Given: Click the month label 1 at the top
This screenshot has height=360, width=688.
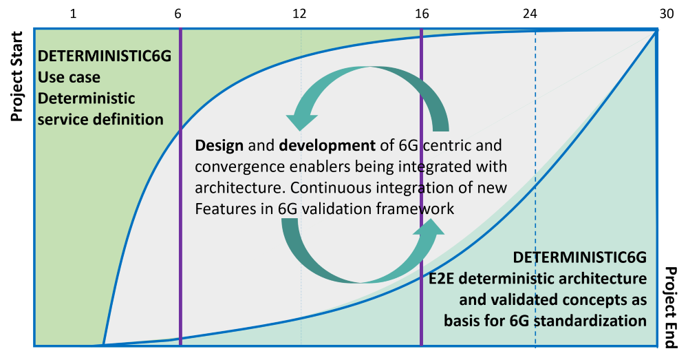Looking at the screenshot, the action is (73, 14).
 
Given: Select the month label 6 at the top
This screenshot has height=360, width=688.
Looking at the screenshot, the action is (178, 14).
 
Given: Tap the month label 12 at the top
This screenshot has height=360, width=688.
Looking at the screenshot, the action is (299, 14).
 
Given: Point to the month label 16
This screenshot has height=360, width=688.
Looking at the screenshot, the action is (422, 14).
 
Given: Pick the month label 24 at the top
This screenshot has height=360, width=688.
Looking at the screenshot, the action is (530, 14).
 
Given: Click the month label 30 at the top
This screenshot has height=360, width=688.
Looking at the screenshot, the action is (666, 14).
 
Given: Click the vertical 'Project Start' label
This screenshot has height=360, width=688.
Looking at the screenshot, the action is (17, 76).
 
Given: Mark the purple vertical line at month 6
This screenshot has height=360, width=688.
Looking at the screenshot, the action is (180, 187).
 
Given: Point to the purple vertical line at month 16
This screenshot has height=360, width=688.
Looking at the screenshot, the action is (421, 187).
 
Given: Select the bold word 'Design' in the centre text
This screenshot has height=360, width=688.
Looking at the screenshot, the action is (219, 145).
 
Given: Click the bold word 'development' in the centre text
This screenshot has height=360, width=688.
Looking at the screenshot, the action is (327, 145).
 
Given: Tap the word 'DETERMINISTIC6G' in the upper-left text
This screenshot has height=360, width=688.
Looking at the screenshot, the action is (105, 56).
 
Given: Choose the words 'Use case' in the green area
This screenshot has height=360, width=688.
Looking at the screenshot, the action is (69, 77).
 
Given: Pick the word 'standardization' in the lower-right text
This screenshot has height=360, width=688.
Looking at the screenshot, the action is (590, 321).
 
